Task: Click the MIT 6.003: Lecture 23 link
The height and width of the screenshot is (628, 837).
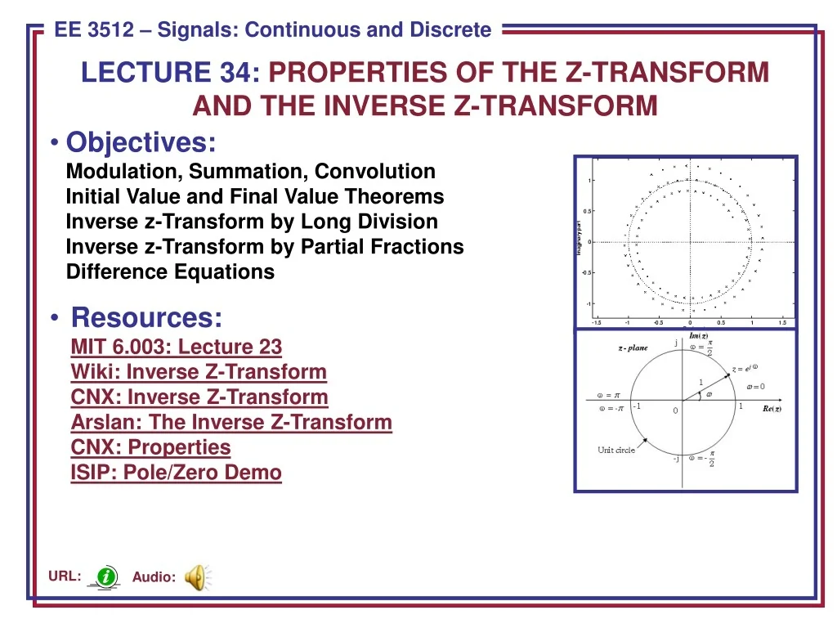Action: coord(176,347)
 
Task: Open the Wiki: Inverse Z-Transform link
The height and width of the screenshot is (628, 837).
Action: coord(199,372)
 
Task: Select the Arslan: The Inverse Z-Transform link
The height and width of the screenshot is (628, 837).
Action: coord(231,423)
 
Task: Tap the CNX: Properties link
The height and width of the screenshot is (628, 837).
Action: coord(150,447)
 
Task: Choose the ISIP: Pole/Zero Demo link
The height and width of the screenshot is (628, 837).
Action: coord(176,473)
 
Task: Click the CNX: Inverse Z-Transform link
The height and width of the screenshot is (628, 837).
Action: coord(199,397)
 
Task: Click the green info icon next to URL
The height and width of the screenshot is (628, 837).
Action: coord(105,576)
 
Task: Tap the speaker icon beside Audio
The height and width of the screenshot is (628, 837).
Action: coord(196,576)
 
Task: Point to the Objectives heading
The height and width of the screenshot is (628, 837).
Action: coord(141,142)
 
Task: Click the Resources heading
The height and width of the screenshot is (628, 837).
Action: coord(146,317)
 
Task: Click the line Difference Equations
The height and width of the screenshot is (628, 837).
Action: coord(170,272)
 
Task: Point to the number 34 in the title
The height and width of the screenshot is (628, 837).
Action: coord(238,73)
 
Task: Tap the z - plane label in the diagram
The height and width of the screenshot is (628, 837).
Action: coord(632,348)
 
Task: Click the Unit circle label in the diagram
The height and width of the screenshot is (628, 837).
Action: coord(616,451)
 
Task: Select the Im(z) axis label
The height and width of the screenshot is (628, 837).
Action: coord(699,337)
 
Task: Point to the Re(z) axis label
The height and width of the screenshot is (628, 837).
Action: coord(772,409)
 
